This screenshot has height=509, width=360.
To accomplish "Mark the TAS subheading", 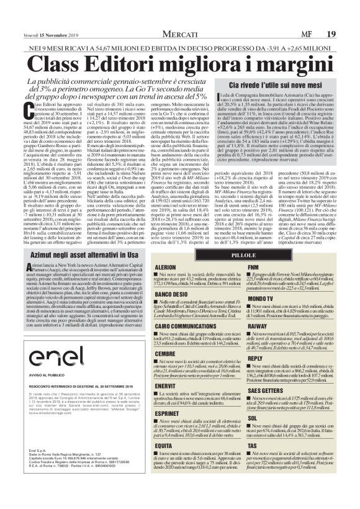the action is [x=252, y=446].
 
